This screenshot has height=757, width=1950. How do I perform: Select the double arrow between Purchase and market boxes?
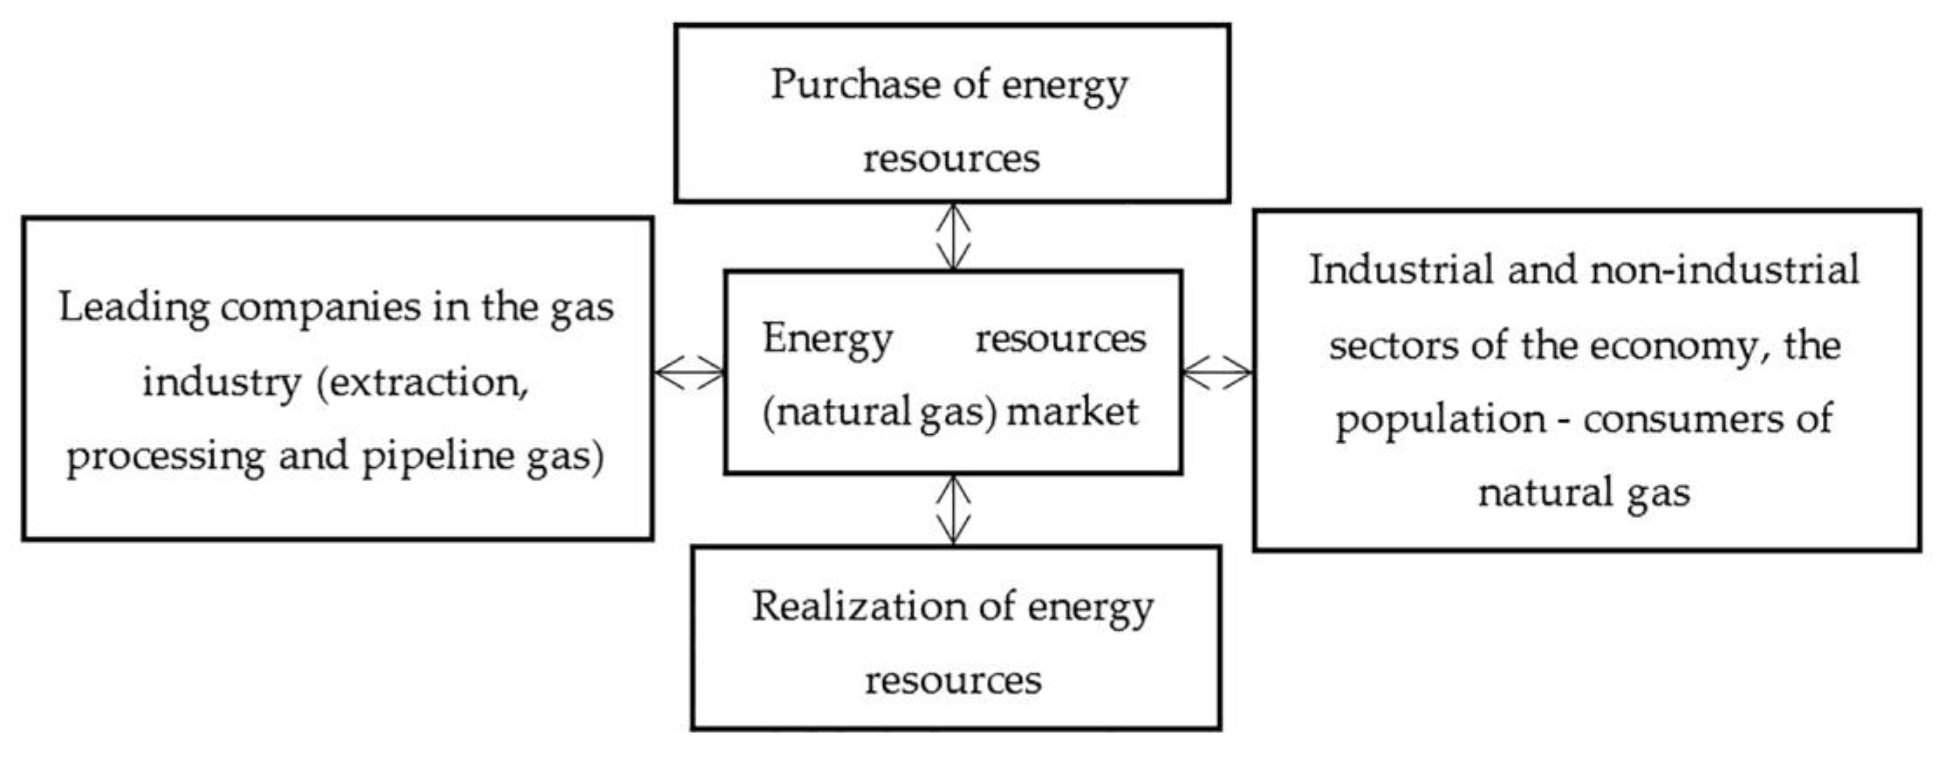(x=953, y=236)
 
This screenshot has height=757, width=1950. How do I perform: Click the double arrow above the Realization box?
(x=953, y=510)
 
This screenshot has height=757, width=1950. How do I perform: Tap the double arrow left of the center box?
(x=689, y=372)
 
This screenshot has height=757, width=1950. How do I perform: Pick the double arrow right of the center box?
(x=1217, y=372)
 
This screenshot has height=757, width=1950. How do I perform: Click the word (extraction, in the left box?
(x=422, y=382)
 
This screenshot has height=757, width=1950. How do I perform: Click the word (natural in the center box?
(x=836, y=412)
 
